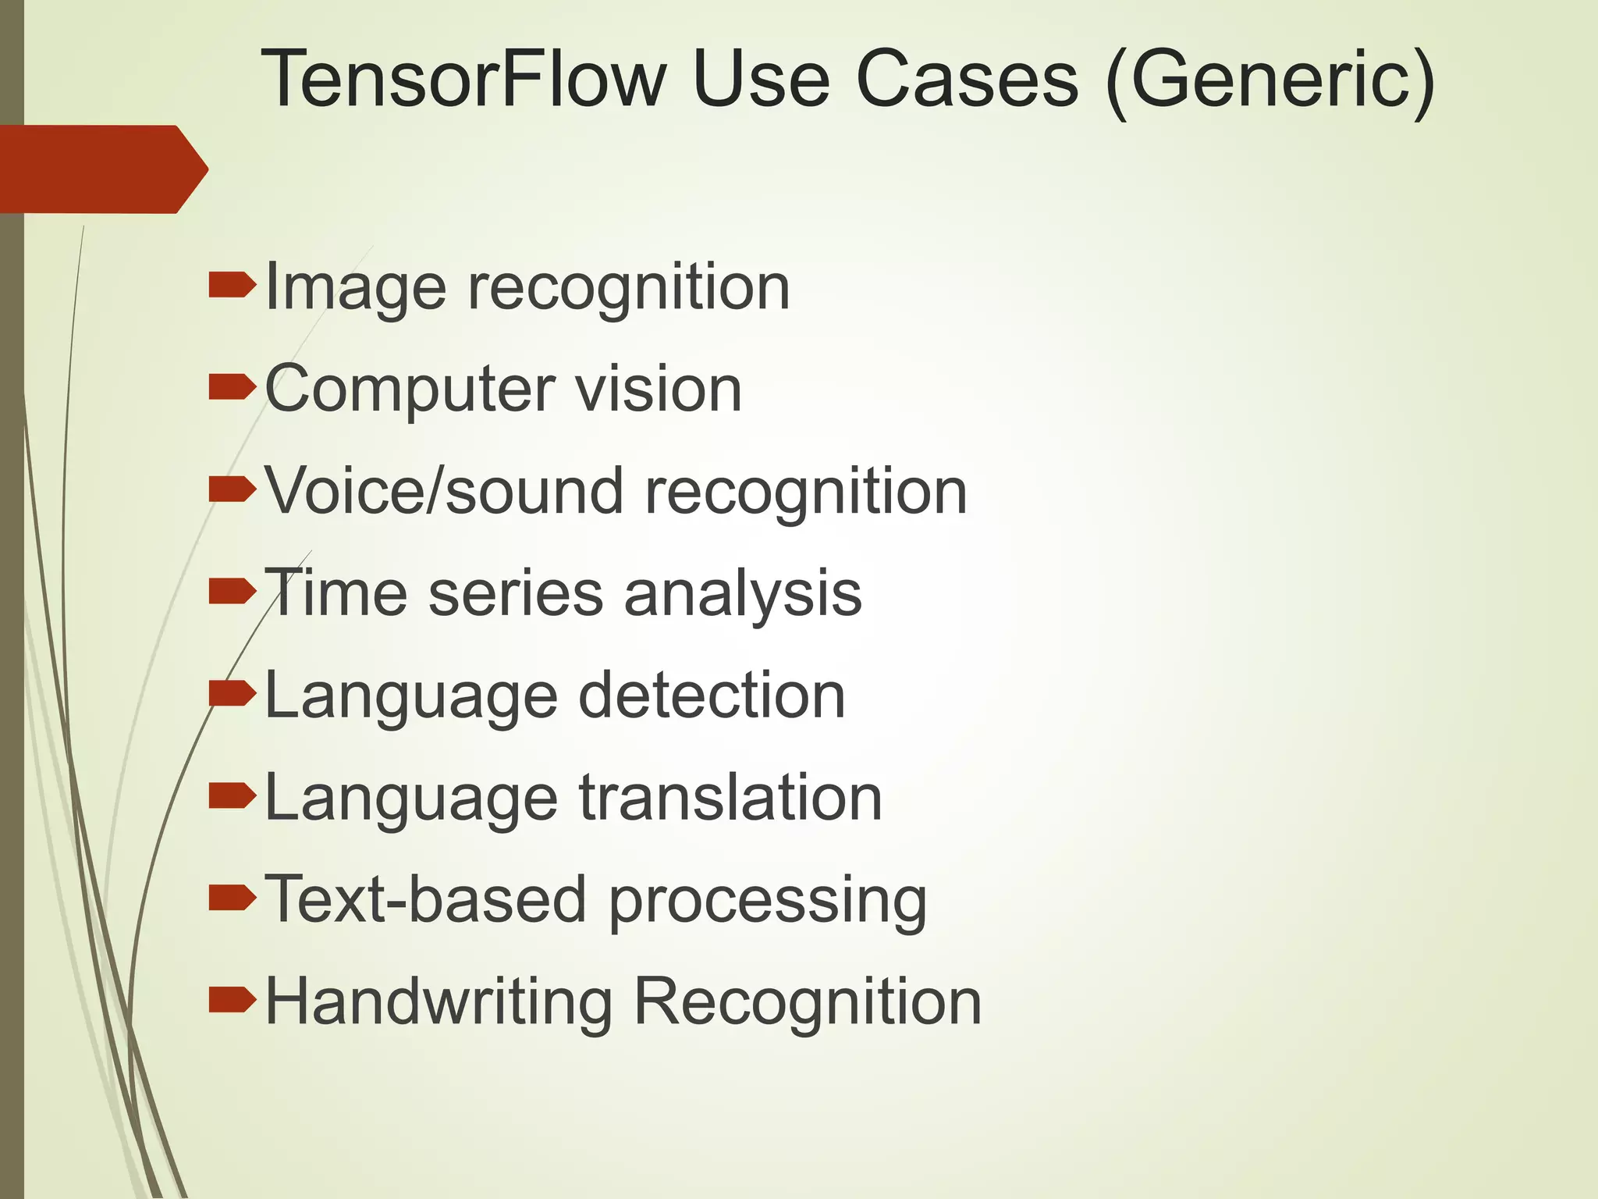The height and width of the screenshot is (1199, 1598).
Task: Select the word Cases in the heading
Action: [967, 79]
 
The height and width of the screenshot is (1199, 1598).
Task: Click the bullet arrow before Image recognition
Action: [232, 286]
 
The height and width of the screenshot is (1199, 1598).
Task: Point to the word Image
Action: [356, 289]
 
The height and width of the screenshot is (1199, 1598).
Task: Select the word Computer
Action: [410, 390]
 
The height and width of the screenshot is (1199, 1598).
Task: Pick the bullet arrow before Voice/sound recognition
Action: [232, 490]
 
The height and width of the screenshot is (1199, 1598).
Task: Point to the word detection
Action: [712, 695]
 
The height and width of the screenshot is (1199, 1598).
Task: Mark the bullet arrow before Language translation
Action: [232, 796]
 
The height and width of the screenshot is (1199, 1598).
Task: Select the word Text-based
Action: [425, 899]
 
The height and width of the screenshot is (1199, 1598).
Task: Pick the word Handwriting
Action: [439, 1003]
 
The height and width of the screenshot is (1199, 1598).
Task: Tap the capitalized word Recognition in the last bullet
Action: [807, 1003]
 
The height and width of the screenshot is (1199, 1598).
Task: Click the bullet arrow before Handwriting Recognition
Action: [232, 1000]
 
